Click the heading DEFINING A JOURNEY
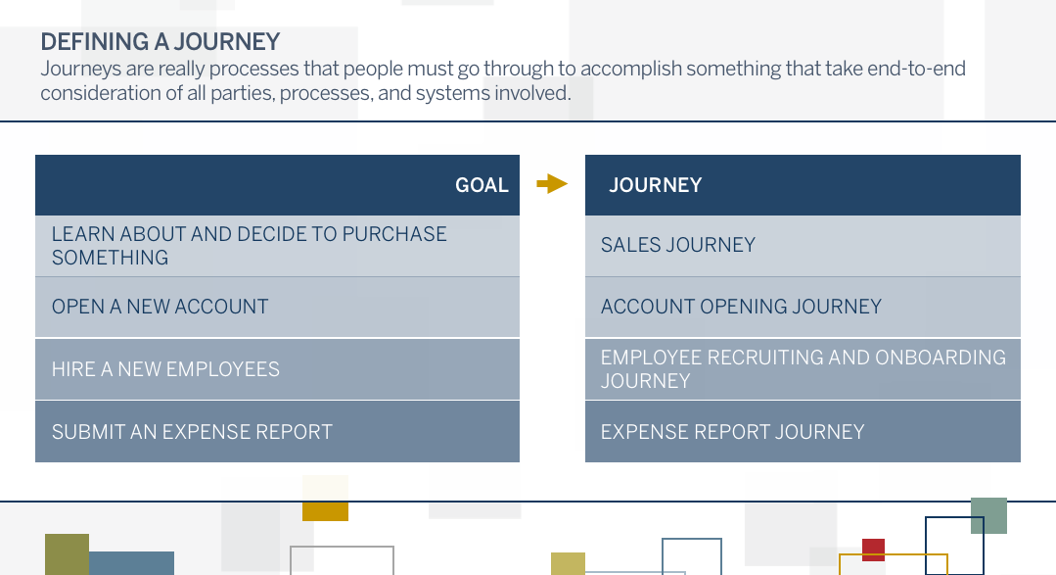[161, 42]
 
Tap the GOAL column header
[482, 185]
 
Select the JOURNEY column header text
[656, 185]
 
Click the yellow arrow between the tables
[552, 183]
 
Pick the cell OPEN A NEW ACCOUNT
[278, 307]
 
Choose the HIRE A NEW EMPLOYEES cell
[278, 369]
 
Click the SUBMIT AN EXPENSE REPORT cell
[278, 431]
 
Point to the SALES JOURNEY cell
[803, 245]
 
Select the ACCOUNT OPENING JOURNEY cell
[803, 307]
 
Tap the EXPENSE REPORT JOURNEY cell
[803, 431]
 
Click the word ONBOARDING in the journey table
[941, 358]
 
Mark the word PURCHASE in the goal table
[394, 234]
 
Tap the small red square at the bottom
[874, 551]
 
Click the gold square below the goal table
[325, 510]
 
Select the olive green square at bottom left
[67, 554]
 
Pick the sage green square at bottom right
[988, 515]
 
